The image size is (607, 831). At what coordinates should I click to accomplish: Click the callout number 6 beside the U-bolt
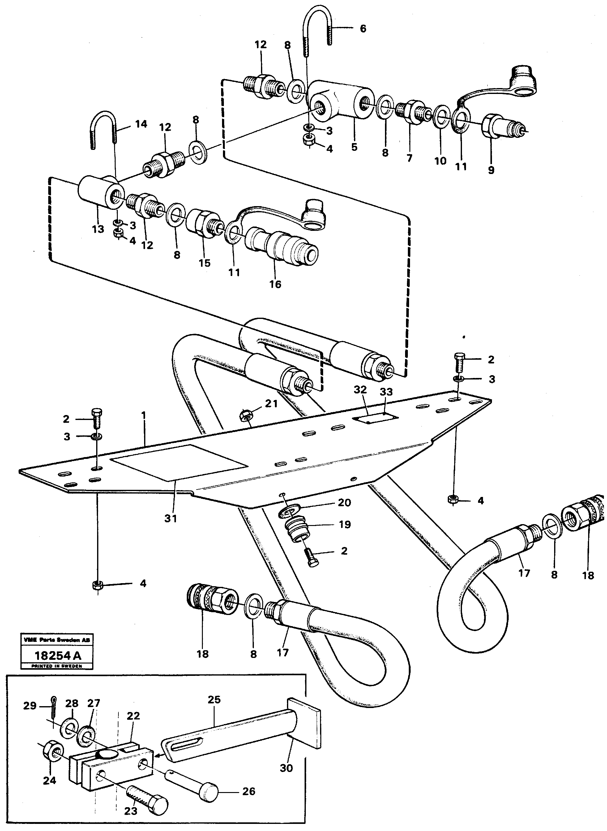click(x=363, y=29)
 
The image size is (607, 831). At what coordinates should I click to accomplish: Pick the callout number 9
click(x=491, y=170)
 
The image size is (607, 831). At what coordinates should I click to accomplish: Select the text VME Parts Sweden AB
click(x=57, y=639)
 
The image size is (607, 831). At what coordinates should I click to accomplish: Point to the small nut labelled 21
click(x=245, y=415)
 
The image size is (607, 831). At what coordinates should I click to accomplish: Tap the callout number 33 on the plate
click(x=386, y=392)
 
